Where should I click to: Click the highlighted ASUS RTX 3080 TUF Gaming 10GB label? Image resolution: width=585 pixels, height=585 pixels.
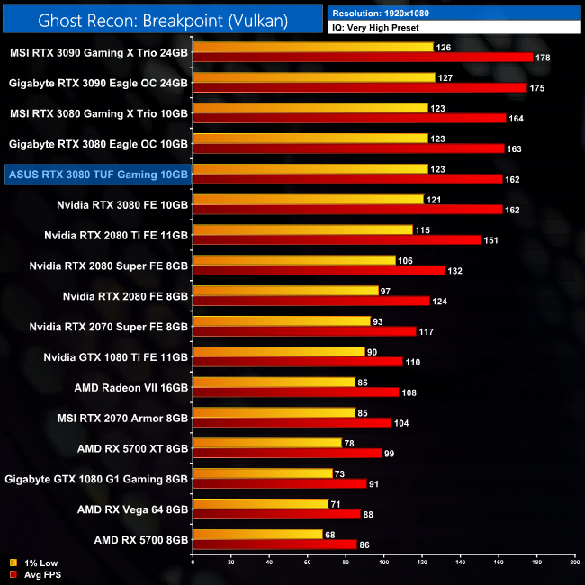pos(97,174)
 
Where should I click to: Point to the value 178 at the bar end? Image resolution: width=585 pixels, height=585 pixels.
pos(541,58)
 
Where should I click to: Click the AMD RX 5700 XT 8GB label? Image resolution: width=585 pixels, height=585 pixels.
pos(133,447)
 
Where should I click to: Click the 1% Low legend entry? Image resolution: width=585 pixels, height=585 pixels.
pos(36,563)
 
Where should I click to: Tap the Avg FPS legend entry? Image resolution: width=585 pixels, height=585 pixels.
pos(37,574)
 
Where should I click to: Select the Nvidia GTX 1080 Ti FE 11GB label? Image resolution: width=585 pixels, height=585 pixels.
pos(117,357)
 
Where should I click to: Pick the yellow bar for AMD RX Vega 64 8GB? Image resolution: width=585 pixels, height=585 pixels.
pos(261,504)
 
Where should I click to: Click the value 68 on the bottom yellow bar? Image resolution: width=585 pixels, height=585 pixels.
pos(330,535)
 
